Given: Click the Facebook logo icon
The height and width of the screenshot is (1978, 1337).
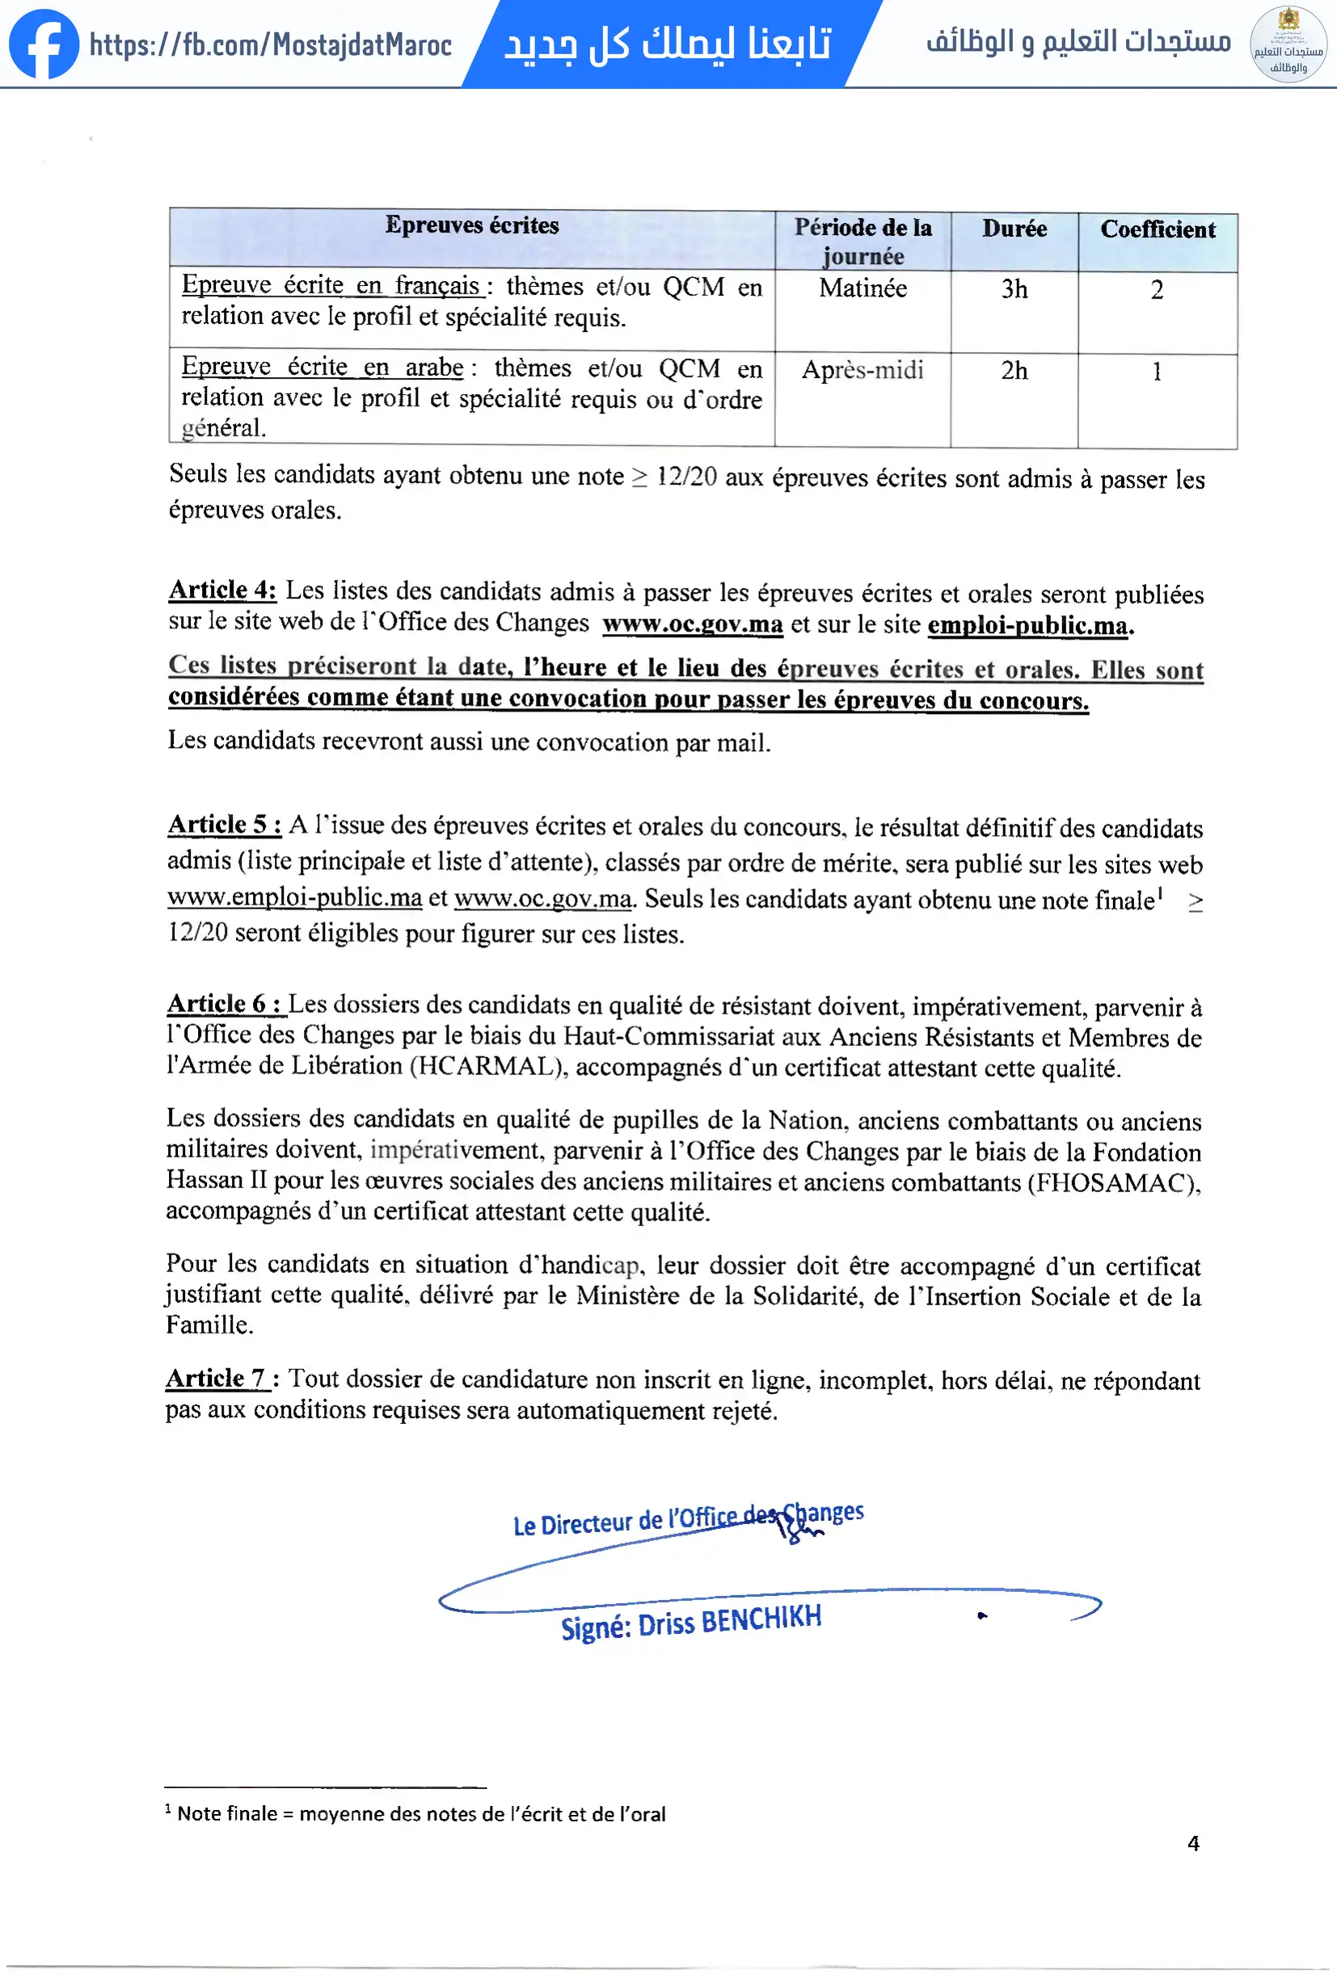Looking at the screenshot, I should (43, 44).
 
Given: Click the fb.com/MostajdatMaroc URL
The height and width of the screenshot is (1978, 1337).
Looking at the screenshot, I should (270, 44).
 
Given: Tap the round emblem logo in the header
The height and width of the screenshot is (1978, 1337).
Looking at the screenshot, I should (1288, 44).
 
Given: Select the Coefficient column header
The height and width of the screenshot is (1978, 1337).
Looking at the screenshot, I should (1158, 230).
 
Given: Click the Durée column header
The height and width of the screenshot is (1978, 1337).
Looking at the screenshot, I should (1014, 229).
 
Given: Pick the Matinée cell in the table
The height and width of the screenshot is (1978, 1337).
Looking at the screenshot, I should (863, 288).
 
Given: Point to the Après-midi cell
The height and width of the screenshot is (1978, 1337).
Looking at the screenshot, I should (863, 370).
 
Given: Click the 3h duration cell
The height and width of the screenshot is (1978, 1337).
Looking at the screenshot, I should (1014, 289).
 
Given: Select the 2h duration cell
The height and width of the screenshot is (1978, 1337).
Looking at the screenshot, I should (1014, 371).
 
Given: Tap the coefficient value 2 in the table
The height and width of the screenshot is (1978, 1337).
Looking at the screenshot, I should (1157, 290).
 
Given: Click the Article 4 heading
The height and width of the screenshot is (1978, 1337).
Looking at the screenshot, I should (222, 590).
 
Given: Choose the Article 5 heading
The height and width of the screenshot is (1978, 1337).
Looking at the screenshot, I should (224, 824).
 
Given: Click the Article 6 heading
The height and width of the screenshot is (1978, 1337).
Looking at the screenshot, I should (225, 1003).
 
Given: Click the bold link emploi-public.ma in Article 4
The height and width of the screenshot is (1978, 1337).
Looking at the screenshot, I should (1028, 626).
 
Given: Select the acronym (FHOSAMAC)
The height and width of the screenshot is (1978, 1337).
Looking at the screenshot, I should (1111, 1183).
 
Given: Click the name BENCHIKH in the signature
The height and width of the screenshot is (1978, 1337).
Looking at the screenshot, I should (761, 1619).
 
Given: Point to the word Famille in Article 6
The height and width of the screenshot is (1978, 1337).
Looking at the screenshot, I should (208, 1325).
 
